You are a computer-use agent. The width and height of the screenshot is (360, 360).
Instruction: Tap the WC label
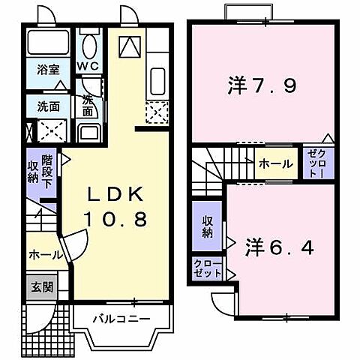(x=89, y=65)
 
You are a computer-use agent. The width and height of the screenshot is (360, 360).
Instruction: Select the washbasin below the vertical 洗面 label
(x=88, y=135)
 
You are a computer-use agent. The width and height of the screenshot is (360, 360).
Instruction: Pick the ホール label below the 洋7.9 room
(x=275, y=163)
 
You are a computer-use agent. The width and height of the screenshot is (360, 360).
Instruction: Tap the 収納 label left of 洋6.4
(x=208, y=226)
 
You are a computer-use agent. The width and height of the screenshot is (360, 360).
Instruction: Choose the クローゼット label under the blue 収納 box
(x=208, y=268)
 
